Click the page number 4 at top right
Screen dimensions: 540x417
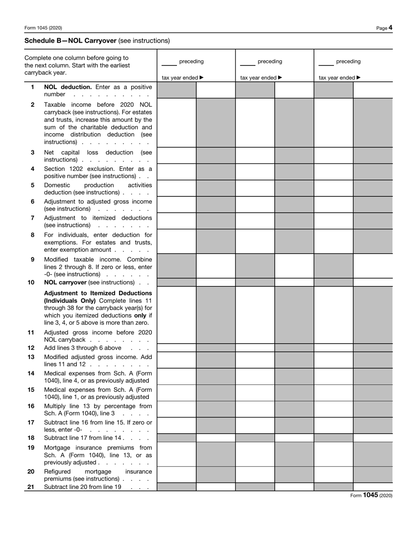coord(390,28)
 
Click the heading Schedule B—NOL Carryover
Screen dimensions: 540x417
coord(71,40)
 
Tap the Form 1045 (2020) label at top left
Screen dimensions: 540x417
coord(43,28)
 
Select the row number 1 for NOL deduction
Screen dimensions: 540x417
coord(32,87)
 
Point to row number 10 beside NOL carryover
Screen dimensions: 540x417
coord(31,282)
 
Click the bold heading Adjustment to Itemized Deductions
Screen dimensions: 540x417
coord(98,293)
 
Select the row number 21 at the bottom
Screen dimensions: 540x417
coord(31,487)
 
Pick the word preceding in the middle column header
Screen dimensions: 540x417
coord(270,62)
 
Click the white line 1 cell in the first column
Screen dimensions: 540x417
coord(216,90)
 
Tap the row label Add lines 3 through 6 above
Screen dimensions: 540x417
coord(83,348)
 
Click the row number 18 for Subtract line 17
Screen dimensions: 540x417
coord(31,438)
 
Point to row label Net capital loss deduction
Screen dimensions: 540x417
coord(98,152)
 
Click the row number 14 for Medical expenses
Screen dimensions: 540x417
coord(31,373)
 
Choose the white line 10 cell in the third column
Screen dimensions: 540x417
coord(373,282)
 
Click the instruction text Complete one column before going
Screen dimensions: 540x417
coord(77,58)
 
